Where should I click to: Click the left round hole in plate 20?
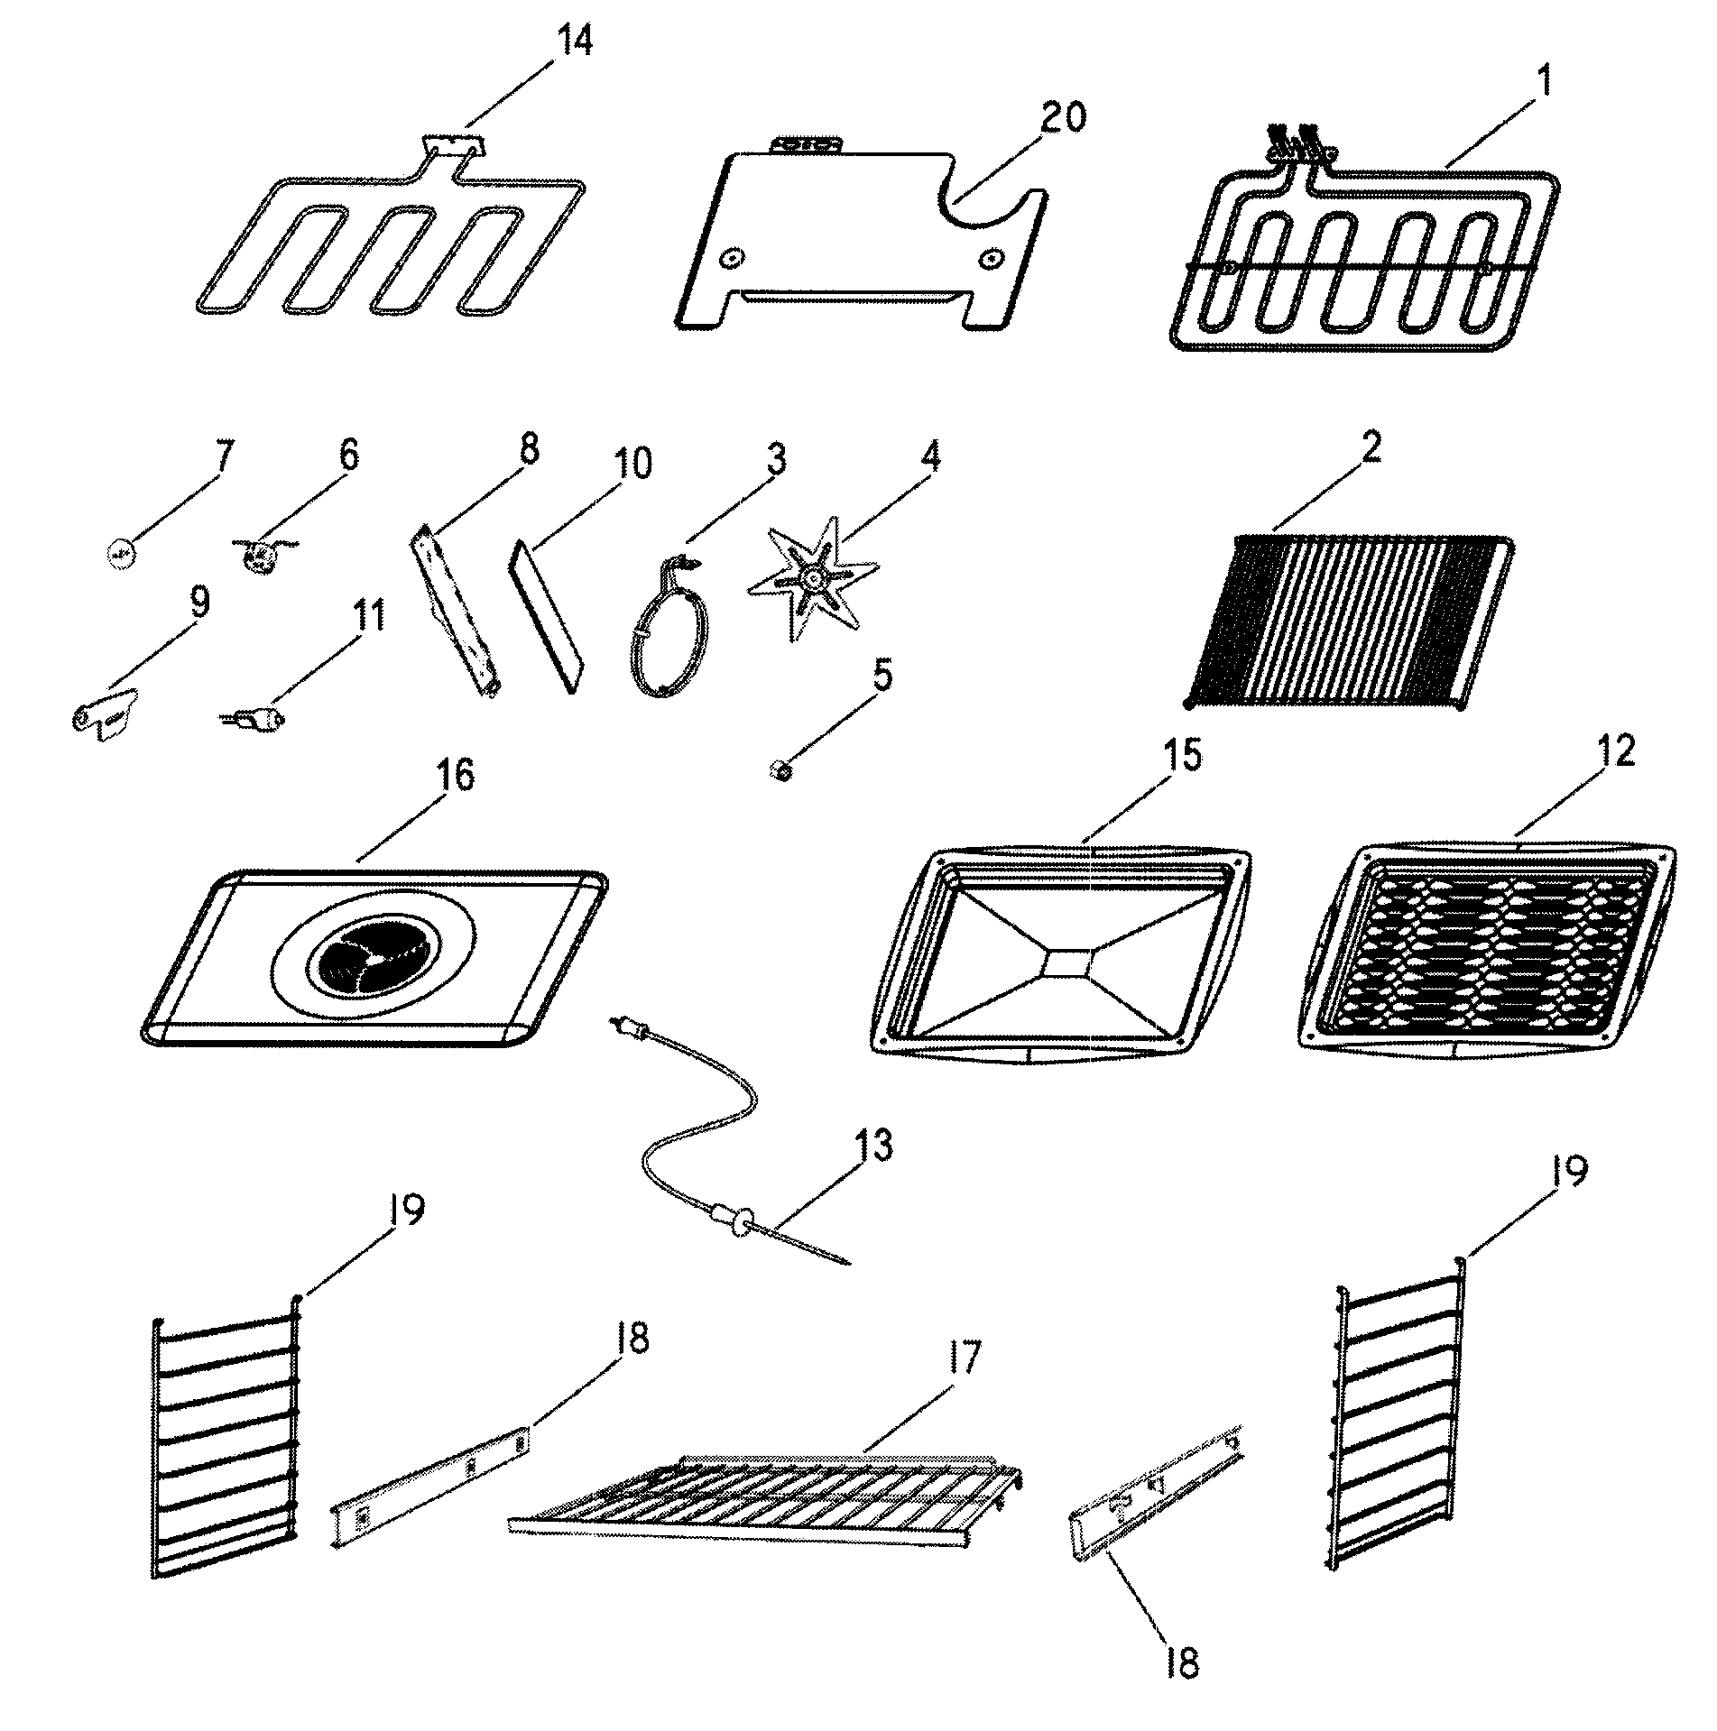[x=729, y=259]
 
